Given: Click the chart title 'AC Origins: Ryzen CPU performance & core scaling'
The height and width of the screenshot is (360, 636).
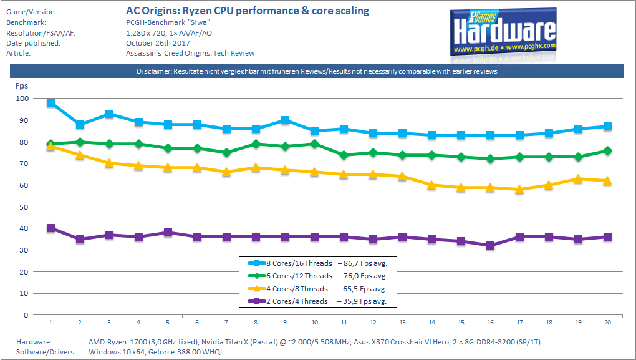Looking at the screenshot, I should click(x=248, y=11).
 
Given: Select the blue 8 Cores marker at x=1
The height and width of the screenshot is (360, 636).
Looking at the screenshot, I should click(x=51, y=102).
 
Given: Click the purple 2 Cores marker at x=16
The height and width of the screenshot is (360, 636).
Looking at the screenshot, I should click(x=490, y=246).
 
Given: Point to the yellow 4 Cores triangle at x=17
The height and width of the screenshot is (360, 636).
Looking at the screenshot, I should click(x=519, y=189).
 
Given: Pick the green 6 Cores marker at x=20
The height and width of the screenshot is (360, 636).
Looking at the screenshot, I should click(x=608, y=150).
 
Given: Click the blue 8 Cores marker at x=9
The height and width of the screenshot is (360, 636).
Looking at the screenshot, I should click(x=285, y=120).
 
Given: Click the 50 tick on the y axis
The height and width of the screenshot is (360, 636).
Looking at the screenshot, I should click(x=23, y=207).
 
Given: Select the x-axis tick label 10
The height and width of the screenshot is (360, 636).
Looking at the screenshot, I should click(x=314, y=323).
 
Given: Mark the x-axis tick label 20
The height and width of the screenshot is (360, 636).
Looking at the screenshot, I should click(x=608, y=323).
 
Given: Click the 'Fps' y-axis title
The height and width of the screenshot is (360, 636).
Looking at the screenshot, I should click(x=21, y=86).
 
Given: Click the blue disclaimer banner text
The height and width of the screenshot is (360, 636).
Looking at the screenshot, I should click(x=317, y=72).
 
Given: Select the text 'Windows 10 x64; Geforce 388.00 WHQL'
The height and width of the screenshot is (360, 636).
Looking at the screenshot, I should click(x=156, y=352).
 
